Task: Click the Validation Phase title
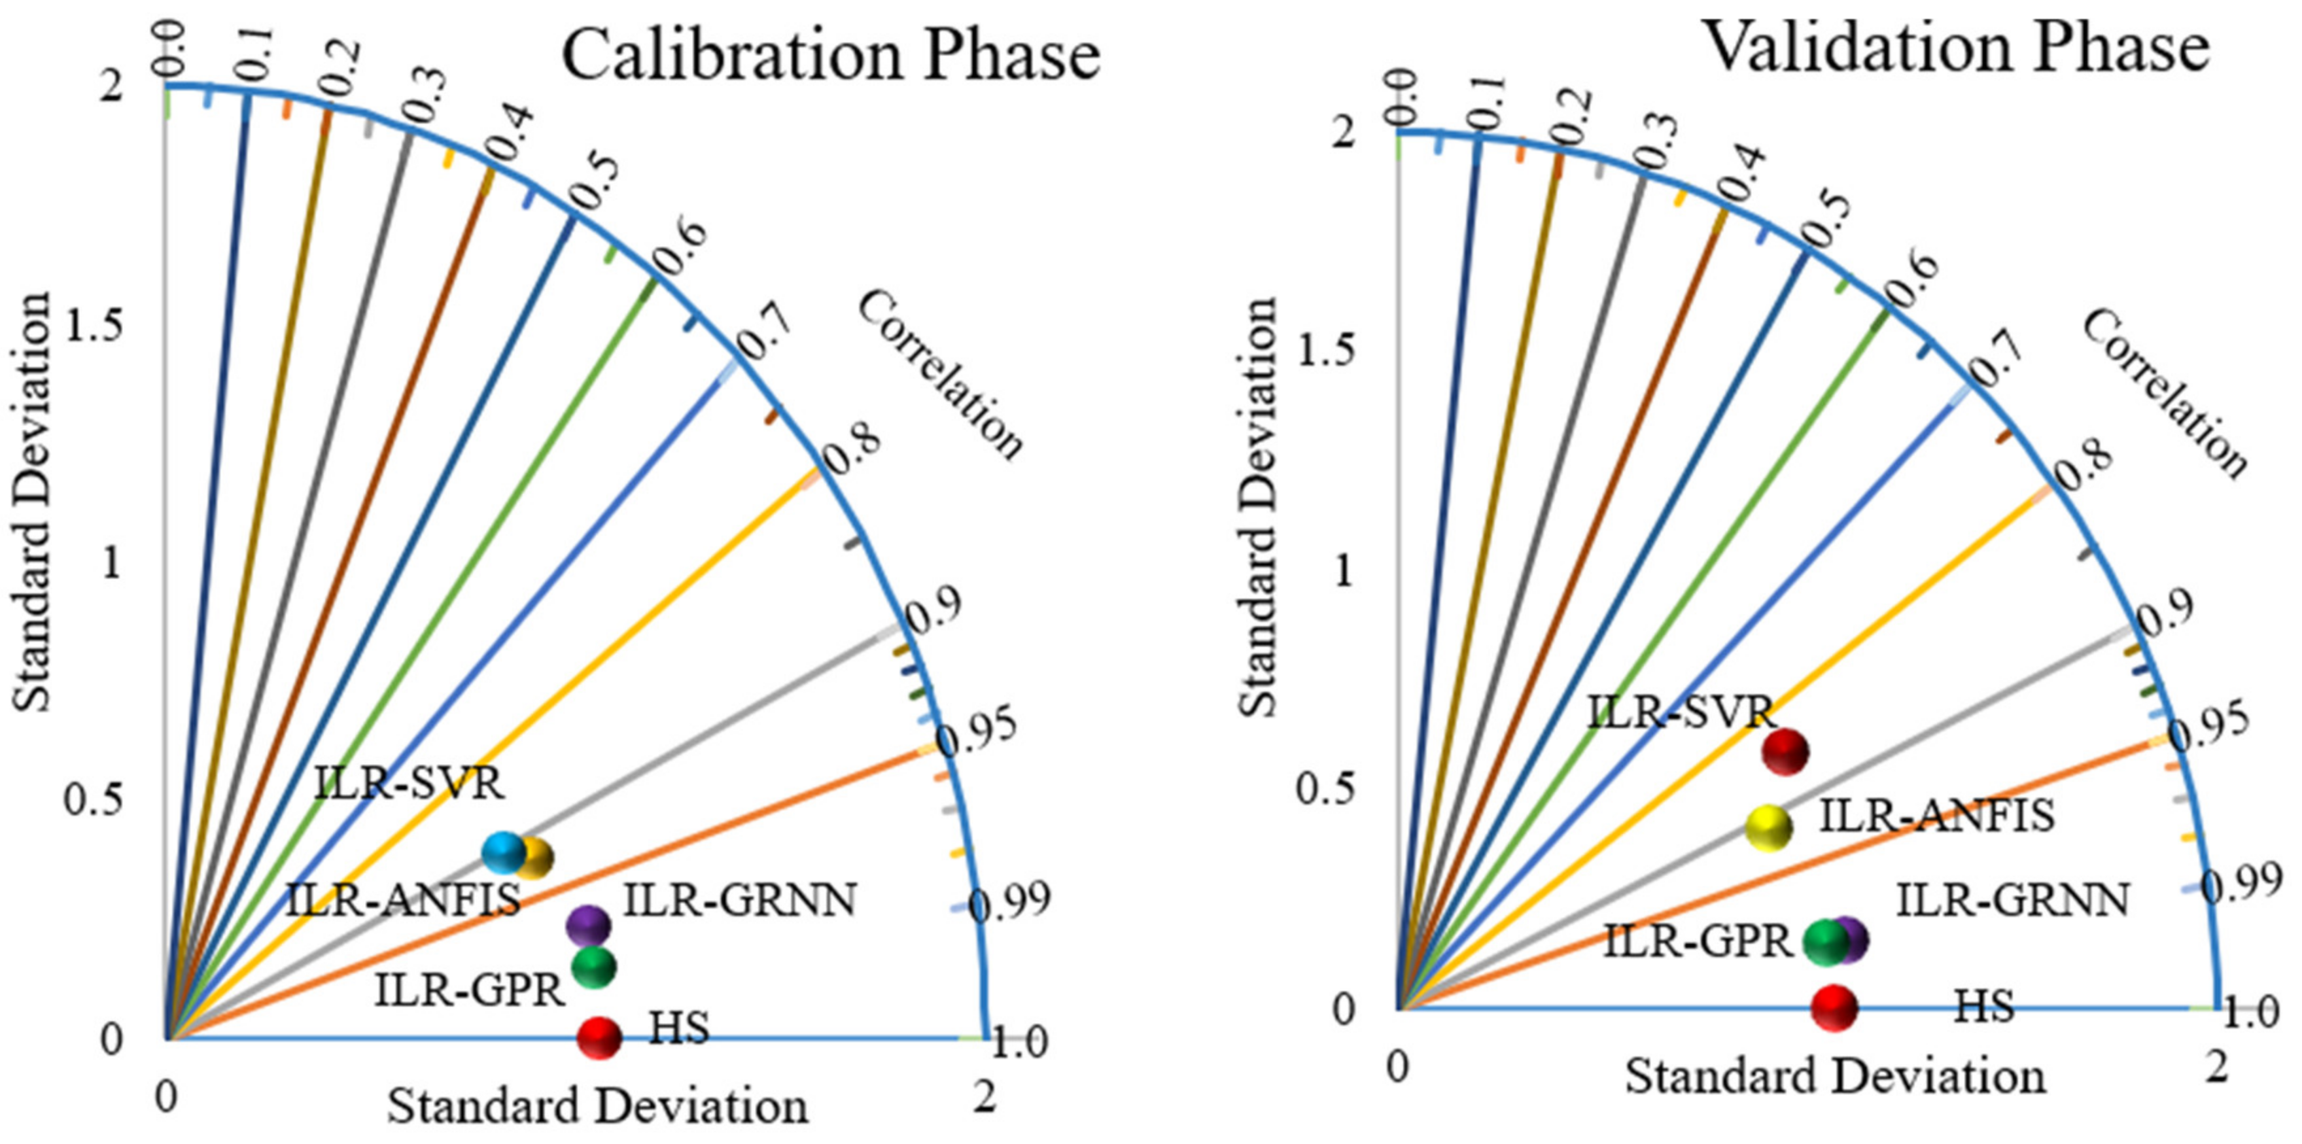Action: click(1957, 46)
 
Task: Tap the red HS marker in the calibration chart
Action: click(599, 1037)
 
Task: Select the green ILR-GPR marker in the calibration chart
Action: click(594, 966)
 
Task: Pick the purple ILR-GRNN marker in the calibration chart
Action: click(588, 926)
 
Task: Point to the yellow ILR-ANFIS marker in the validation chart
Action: click(1770, 827)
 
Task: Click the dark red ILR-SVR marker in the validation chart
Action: click(1785, 752)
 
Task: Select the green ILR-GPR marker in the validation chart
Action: click(1825, 941)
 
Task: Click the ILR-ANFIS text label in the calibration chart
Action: click(403, 900)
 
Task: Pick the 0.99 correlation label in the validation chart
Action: click(2241, 885)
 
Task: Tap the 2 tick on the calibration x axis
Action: click(985, 1097)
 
